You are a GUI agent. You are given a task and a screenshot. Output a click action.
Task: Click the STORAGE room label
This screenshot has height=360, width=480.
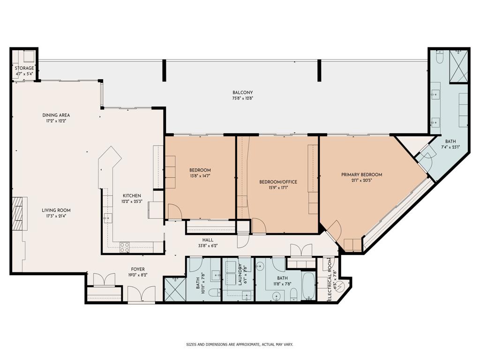24,68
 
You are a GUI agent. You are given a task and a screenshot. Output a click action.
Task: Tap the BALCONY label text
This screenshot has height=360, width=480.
242,92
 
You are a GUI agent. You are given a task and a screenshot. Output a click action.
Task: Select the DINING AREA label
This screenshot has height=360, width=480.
56,115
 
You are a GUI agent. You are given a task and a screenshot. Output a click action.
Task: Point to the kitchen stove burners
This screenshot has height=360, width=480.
125,247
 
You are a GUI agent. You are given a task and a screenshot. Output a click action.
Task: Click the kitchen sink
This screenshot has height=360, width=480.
108,217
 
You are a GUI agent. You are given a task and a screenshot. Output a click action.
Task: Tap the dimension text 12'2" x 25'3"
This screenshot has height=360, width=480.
132,202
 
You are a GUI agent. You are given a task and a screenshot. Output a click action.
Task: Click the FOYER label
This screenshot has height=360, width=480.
138,269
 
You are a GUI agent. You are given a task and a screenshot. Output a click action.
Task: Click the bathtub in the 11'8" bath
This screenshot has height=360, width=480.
308,285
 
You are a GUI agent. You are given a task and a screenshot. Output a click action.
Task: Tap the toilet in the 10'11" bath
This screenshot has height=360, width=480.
214,293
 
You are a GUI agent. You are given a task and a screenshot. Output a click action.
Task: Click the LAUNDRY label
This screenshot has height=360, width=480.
240,276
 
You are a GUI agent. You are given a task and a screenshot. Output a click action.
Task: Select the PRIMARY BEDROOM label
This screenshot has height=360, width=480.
361,175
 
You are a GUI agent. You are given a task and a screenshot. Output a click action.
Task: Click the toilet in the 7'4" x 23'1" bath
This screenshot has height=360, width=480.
439,57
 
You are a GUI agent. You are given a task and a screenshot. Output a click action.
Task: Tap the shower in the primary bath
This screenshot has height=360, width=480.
458,66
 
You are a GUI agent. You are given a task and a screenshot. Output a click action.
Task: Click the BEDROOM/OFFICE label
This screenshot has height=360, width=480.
278,182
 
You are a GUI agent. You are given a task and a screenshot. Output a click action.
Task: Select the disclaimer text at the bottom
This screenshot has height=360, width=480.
240,345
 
